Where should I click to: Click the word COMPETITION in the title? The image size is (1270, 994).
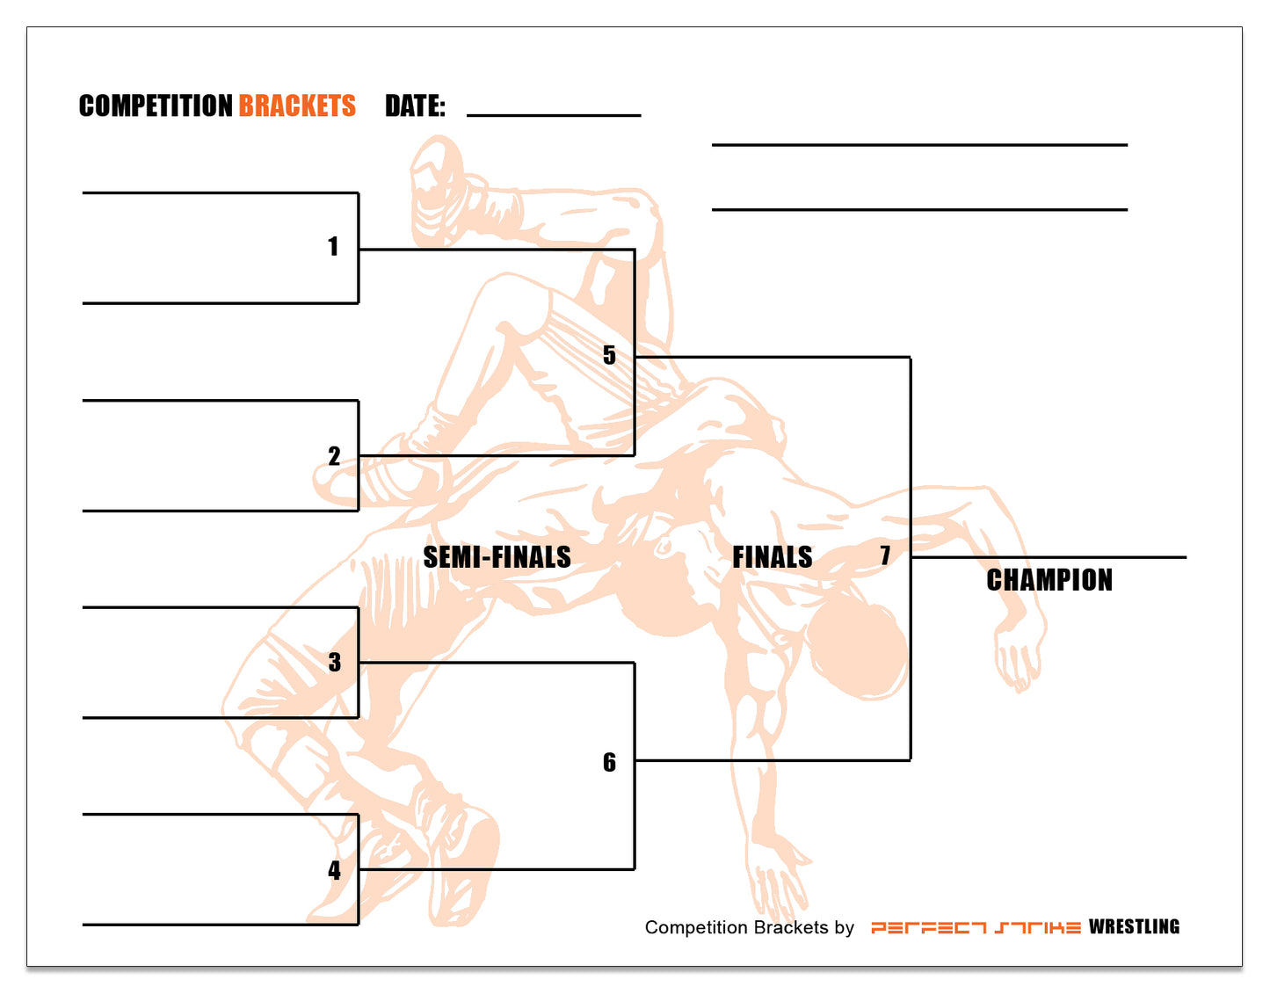tap(155, 106)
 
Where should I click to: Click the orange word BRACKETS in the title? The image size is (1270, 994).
tap(297, 106)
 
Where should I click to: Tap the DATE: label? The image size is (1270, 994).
tap(415, 106)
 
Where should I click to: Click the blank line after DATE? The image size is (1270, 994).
tap(554, 114)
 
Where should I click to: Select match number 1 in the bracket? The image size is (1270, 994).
tap(333, 246)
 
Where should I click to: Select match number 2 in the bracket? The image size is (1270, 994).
tap(334, 456)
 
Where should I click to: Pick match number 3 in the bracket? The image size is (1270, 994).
tap(334, 662)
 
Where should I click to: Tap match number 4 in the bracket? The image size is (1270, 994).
tap(334, 870)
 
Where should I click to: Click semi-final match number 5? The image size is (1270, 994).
tap(609, 355)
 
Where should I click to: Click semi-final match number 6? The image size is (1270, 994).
tap(609, 762)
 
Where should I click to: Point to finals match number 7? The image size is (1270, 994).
tap(885, 555)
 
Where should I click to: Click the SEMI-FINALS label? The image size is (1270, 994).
tap(497, 557)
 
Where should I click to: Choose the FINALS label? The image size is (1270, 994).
tap(772, 557)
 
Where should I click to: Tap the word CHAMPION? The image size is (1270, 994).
tap(1049, 580)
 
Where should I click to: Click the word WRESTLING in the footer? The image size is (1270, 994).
tap(1134, 927)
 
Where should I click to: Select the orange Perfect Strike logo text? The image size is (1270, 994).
tap(976, 928)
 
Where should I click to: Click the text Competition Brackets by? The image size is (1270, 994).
tap(749, 928)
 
